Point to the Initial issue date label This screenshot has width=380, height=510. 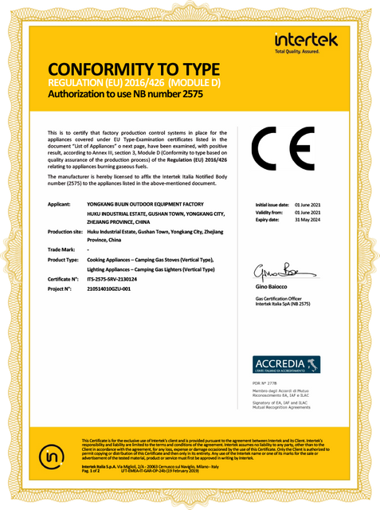tap(272, 205)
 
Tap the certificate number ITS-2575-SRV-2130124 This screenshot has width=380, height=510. tap(118, 279)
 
